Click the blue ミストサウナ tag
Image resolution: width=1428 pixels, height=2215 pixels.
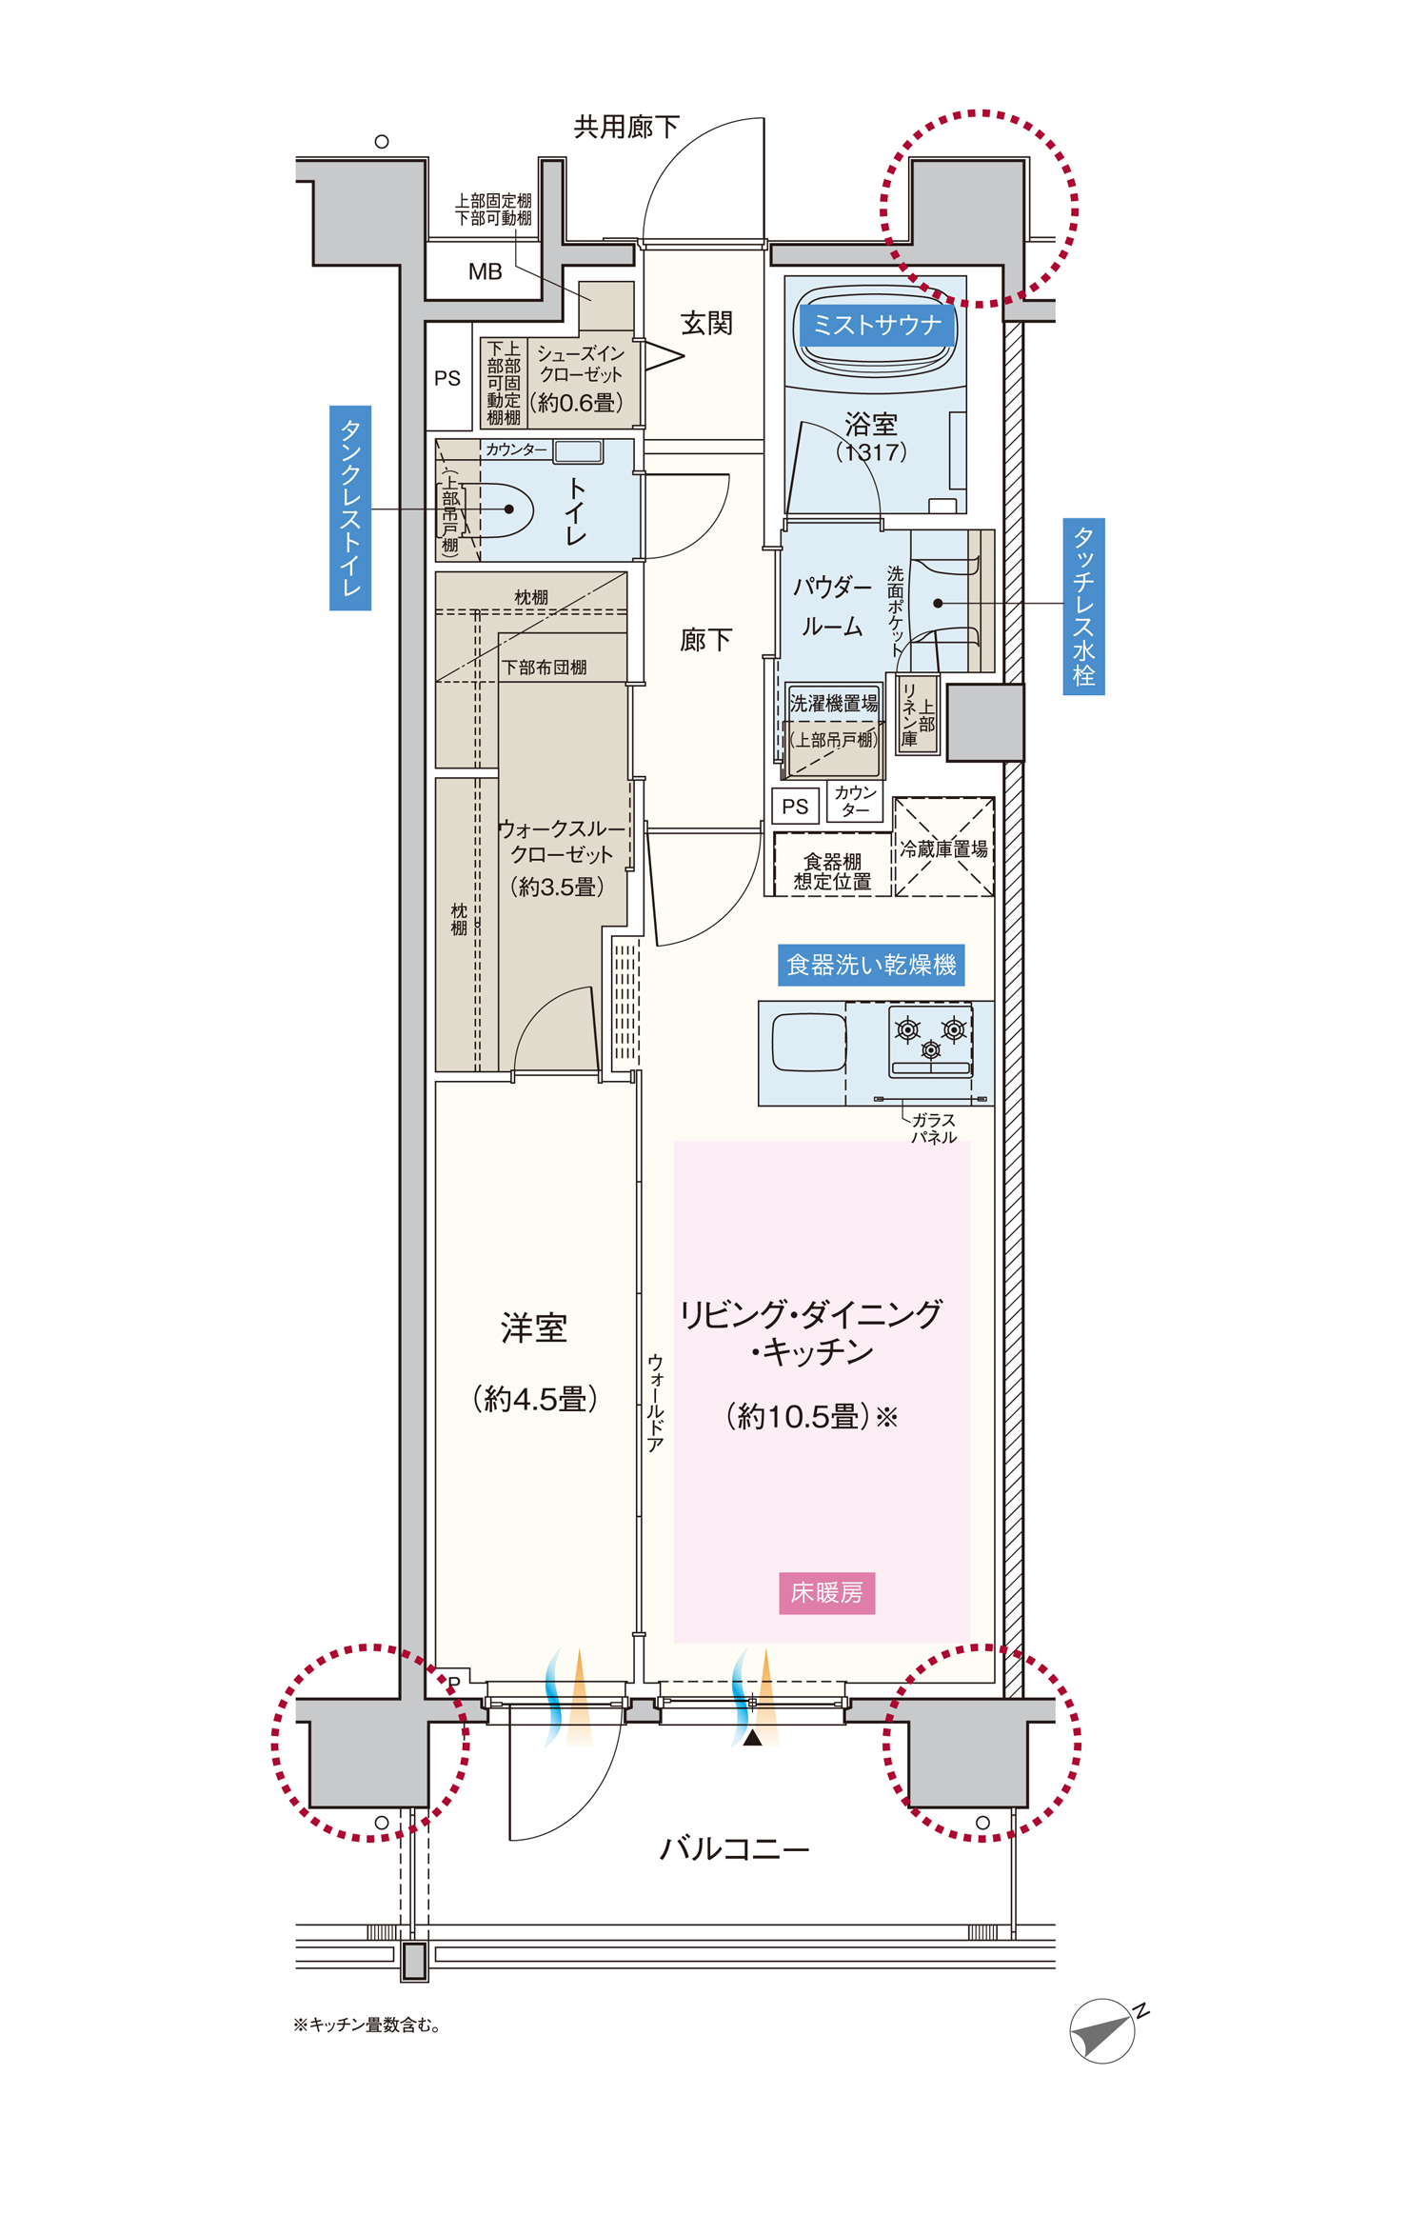click(x=876, y=325)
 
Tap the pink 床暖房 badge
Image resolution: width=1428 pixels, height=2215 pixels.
click(x=826, y=1592)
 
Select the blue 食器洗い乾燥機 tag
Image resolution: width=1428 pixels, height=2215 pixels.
click(x=871, y=965)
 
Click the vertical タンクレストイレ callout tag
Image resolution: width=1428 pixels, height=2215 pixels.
click(x=350, y=508)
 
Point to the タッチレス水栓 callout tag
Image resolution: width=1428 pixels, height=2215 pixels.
click(x=1083, y=606)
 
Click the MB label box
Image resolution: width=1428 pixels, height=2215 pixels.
click(x=485, y=271)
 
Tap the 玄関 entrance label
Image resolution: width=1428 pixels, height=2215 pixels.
click(x=706, y=324)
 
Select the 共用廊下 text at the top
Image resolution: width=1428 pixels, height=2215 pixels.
click(x=626, y=127)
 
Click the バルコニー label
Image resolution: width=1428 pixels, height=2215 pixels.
click(x=734, y=1849)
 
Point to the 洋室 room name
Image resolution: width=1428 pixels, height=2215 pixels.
click(x=534, y=1328)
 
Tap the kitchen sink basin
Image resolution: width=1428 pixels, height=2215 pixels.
click(x=809, y=1042)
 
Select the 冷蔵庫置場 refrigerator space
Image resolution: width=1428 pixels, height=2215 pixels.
click(x=943, y=847)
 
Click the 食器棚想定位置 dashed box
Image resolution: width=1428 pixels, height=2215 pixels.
click(x=832, y=865)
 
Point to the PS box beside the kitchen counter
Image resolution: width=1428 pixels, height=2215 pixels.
click(x=795, y=807)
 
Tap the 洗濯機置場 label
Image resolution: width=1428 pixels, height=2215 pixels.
click(x=834, y=704)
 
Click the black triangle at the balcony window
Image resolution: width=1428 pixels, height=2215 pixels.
click(x=753, y=1738)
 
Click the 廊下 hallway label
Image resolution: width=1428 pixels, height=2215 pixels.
click(x=705, y=640)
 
